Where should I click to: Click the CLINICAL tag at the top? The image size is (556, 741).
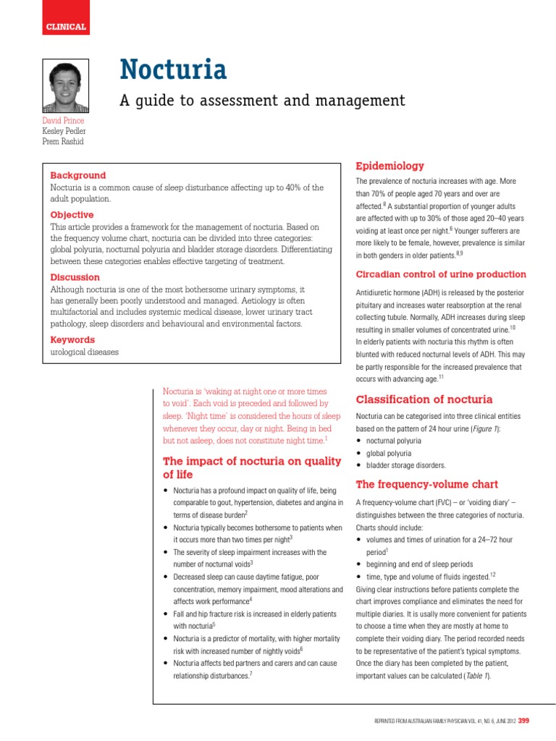pos(66,27)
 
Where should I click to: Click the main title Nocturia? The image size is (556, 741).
pos(173,69)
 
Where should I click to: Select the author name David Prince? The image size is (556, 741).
pos(64,120)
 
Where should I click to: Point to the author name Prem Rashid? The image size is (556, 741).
pos(64,140)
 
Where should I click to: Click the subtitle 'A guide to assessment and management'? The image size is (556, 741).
pos(261,100)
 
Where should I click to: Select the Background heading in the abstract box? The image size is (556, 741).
pos(77,175)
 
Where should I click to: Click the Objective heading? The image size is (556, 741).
pos(72,215)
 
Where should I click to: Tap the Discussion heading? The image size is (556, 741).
pos(75,277)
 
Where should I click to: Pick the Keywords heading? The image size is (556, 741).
pos(72,339)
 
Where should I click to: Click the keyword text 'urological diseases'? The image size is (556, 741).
pos(84,352)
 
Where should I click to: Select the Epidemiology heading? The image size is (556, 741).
pos(389,166)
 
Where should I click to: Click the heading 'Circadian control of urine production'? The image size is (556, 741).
pos(441,274)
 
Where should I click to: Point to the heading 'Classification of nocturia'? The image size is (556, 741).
pos(424,399)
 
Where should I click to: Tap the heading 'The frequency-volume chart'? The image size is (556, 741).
pos(427,484)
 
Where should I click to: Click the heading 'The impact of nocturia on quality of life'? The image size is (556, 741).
pos(251,467)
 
